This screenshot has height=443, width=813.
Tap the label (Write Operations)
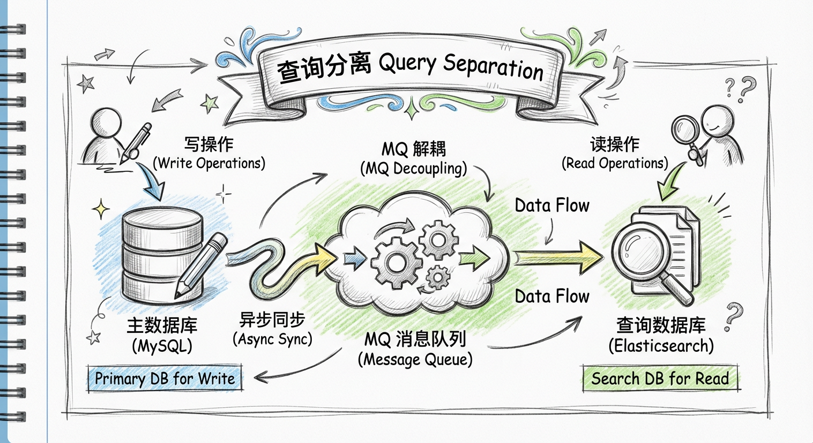209,163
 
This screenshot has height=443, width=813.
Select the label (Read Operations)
614,163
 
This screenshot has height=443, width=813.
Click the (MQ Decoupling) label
413,169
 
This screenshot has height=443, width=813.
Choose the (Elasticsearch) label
661,346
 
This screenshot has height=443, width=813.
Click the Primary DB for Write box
165,379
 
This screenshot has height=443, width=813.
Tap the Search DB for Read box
660,379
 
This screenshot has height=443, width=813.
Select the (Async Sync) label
272,339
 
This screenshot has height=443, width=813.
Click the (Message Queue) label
415,360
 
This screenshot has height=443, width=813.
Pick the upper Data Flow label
552,206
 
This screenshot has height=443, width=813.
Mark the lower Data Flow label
552,296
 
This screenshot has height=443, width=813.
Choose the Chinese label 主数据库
162,325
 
